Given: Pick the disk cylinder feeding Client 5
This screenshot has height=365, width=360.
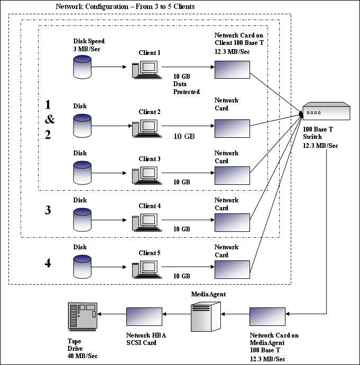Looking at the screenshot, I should pos(82,267).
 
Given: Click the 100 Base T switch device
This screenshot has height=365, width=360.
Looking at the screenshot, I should pos(325,113).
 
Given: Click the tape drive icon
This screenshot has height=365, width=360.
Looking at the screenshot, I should pos(82,317).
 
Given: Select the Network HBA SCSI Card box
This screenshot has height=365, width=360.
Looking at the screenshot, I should pos(144,317).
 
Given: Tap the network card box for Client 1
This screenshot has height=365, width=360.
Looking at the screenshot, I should pos(232,69).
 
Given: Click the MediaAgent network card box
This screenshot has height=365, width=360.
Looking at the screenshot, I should pos(267,317).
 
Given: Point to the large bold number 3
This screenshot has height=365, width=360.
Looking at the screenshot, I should pos(48,210).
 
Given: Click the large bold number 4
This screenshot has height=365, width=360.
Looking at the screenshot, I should pos(48,263).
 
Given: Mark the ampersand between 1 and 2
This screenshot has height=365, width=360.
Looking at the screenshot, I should pos(49,119).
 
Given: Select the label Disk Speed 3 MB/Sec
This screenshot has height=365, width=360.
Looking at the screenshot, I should pos(89,44).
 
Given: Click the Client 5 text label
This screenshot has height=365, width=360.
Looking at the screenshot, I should pos(149,253).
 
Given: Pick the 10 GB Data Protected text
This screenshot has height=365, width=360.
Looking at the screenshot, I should pos(186,84).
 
